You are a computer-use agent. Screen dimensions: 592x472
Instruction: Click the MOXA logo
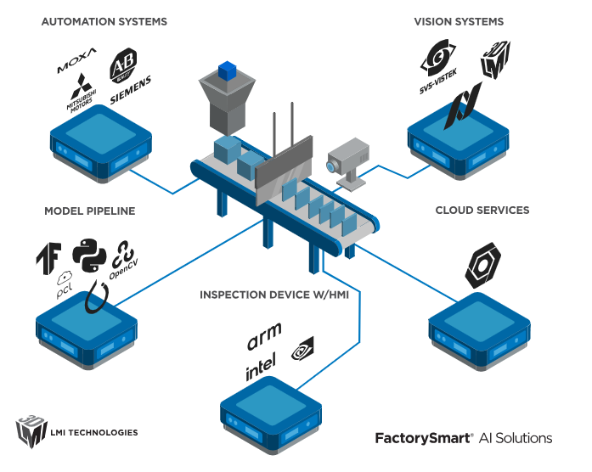pos(76,60)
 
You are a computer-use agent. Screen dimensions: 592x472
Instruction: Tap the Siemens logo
pos(131,90)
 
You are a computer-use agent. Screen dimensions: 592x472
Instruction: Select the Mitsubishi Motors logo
pos(82,93)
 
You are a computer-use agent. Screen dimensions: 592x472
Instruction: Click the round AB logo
pos(123,65)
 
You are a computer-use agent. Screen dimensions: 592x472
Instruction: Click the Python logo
pos(89,255)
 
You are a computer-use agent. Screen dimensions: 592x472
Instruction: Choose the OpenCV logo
pos(123,261)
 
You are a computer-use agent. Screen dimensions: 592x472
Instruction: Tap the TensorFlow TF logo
pos(48,258)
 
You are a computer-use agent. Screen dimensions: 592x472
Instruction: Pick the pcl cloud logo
pos(65,285)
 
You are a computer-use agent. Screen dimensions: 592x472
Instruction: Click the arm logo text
pos(264,336)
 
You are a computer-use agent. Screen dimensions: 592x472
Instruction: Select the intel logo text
pos(261,366)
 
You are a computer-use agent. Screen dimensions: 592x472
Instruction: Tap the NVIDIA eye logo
pos(302,349)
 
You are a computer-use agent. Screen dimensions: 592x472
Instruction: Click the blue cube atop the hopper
pos(228,71)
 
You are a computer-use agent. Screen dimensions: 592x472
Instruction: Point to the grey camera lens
pos(331,166)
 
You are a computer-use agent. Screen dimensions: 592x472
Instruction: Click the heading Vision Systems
pos(459,22)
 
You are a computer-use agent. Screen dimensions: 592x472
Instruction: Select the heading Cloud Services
pos(482,211)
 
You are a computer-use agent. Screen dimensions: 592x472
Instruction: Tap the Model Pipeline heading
pos(90,211)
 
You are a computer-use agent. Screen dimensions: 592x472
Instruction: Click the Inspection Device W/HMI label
pos(274,295)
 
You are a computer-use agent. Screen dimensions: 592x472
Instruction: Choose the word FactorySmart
pos(422,438)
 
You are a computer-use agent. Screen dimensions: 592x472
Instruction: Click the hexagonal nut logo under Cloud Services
pos(482,265)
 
